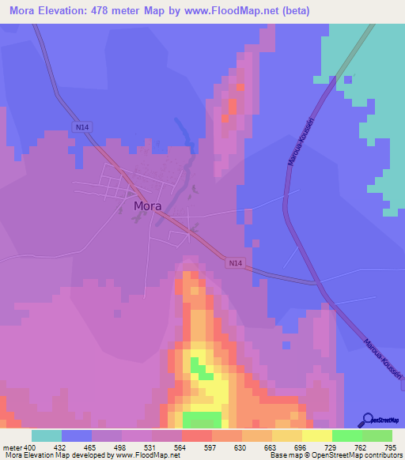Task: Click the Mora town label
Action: coord(148,205)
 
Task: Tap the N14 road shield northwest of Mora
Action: coord(81,126)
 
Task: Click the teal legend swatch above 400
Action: coord(46,435)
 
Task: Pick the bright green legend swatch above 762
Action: coord(346,435)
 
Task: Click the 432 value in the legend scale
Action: coord(61,447)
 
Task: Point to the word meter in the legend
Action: coord(12,447)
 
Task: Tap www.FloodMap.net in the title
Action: coord(240,11)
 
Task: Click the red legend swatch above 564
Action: coord(196,435)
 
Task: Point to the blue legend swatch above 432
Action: coord(76,435)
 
